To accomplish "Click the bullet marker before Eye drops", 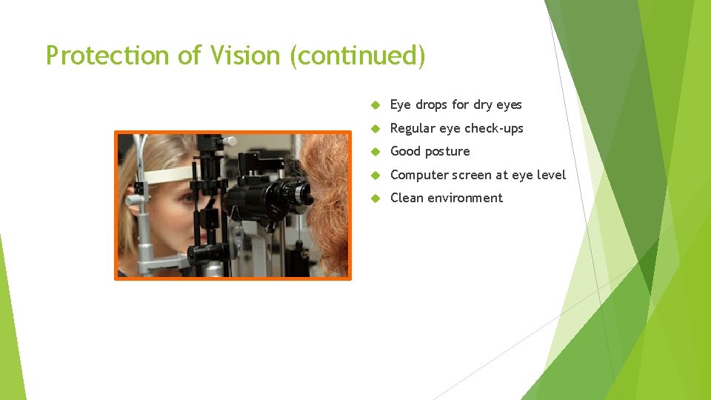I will point(375,105).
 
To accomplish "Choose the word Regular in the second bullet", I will point(413,128).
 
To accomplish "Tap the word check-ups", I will point(494,128).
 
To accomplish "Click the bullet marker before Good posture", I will point(375,152).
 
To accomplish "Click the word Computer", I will point(419,175).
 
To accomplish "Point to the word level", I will point(550,175).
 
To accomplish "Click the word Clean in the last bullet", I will point(407,198).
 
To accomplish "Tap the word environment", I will point(465,198).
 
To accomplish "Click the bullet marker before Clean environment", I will point(375,199).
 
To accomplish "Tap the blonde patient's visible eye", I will point(188,198).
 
